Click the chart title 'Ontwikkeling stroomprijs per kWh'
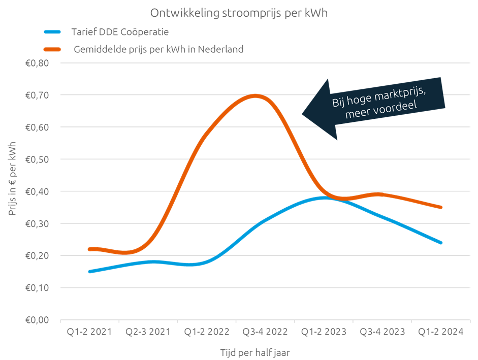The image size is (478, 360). click(239, 13)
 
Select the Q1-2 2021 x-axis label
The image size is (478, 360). click(89, 332)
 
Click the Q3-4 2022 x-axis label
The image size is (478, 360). click(264, 332)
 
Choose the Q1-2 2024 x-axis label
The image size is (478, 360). click(440, 332)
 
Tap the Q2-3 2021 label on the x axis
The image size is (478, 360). click(147, 332)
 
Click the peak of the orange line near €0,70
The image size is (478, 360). click(255, 95)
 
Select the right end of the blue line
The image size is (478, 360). click(441, 243)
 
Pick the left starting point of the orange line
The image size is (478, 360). click(89, 249)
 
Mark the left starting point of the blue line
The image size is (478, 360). click(89, 272)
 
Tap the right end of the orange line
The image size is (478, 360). click(441, 207)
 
